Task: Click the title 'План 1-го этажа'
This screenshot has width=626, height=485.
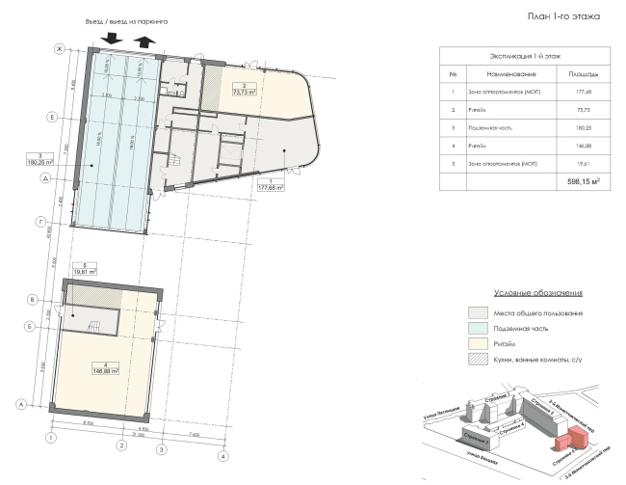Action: click(562, 16)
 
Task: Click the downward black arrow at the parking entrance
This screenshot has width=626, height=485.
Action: click(110, 38)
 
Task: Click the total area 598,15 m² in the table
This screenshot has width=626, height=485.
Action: click(584, 179)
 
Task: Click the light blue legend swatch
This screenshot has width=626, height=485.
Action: click(476, 328)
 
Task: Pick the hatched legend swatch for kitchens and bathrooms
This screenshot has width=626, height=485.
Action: click(476, 359)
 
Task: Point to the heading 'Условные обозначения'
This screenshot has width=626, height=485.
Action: click(539, 292)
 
